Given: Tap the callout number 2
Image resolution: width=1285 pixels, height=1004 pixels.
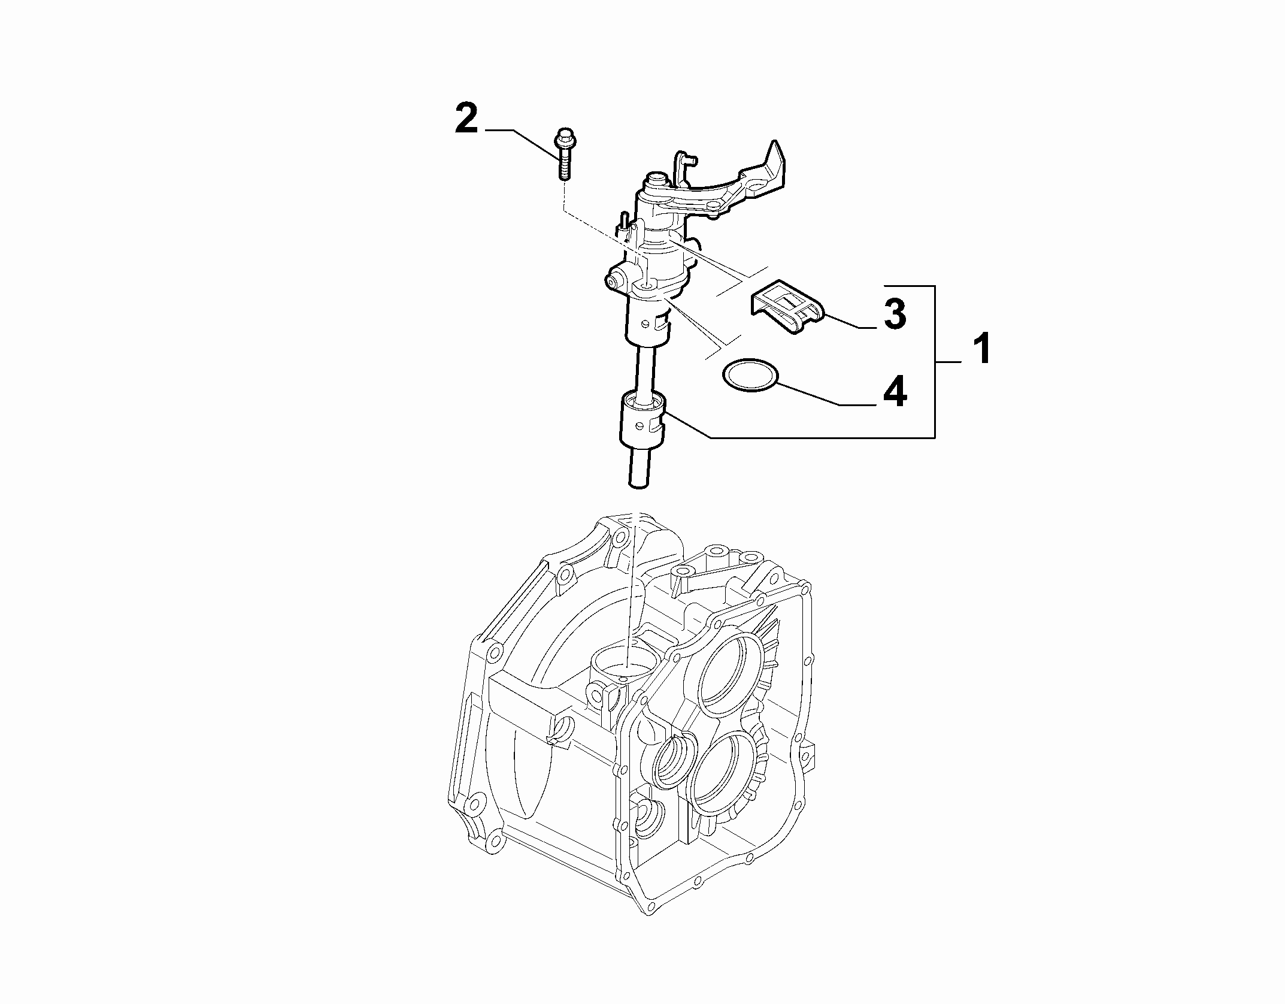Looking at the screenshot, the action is [x=466, y=120].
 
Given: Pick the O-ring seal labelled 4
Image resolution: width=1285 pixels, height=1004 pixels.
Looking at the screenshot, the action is [x=751, y=375].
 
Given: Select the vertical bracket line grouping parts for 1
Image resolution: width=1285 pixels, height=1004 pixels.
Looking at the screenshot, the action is [x=934, y=361].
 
